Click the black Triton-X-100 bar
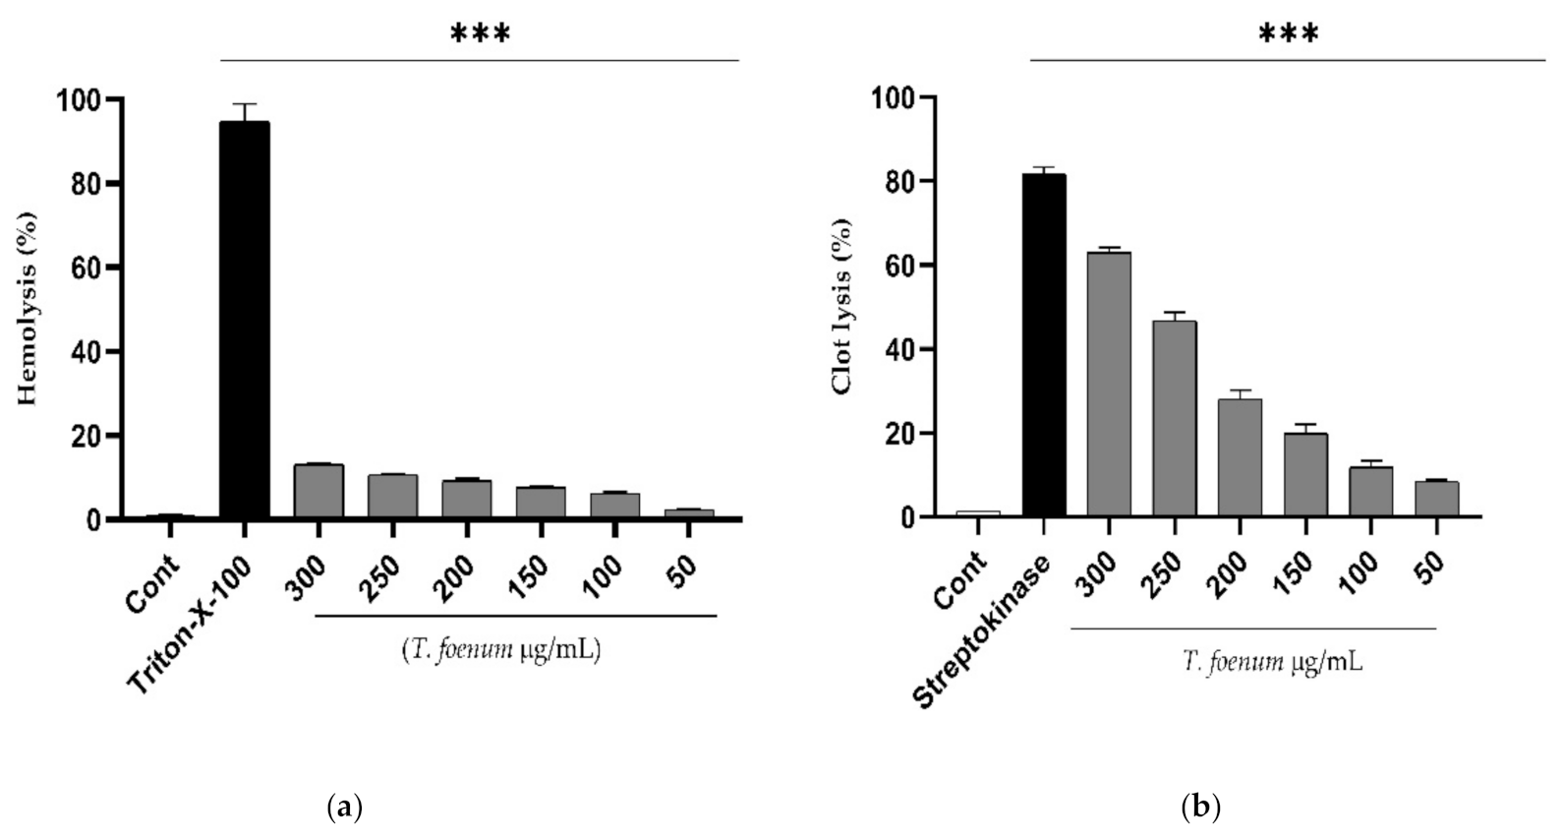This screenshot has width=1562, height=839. pyautogui.click(x=244, y=320)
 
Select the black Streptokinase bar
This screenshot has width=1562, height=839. pyautogui.click(x=1044, y=344)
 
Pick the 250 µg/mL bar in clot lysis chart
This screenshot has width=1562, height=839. pyautogui.click(x=1174, y=418)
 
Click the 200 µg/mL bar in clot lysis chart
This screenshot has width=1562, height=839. pyautogui.click(x=1240, y=457)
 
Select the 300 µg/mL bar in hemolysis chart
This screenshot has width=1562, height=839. pyautogui.click(x=318, y=491)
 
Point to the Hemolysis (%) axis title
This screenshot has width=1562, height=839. pyautogui.click(x=28, y=308)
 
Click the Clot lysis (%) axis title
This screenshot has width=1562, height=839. pyautogui.click(x=841, y=306)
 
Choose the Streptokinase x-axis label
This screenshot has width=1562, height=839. pyautogui.click(x=983, y=629)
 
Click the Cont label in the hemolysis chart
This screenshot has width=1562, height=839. pyautogui.click(x=152, y=583)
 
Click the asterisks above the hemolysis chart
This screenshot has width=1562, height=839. pyautogui.click(x=480, y=35)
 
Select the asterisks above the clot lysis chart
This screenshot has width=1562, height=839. pyautogui.click(x=1289, y=35)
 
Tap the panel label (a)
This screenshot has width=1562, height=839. pyautogui.click(x=343, y=809)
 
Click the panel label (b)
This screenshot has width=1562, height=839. pyautogui.click(x=1199, y=809)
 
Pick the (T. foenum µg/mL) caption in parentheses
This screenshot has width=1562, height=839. pyautogui.click(x=501, y=650)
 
